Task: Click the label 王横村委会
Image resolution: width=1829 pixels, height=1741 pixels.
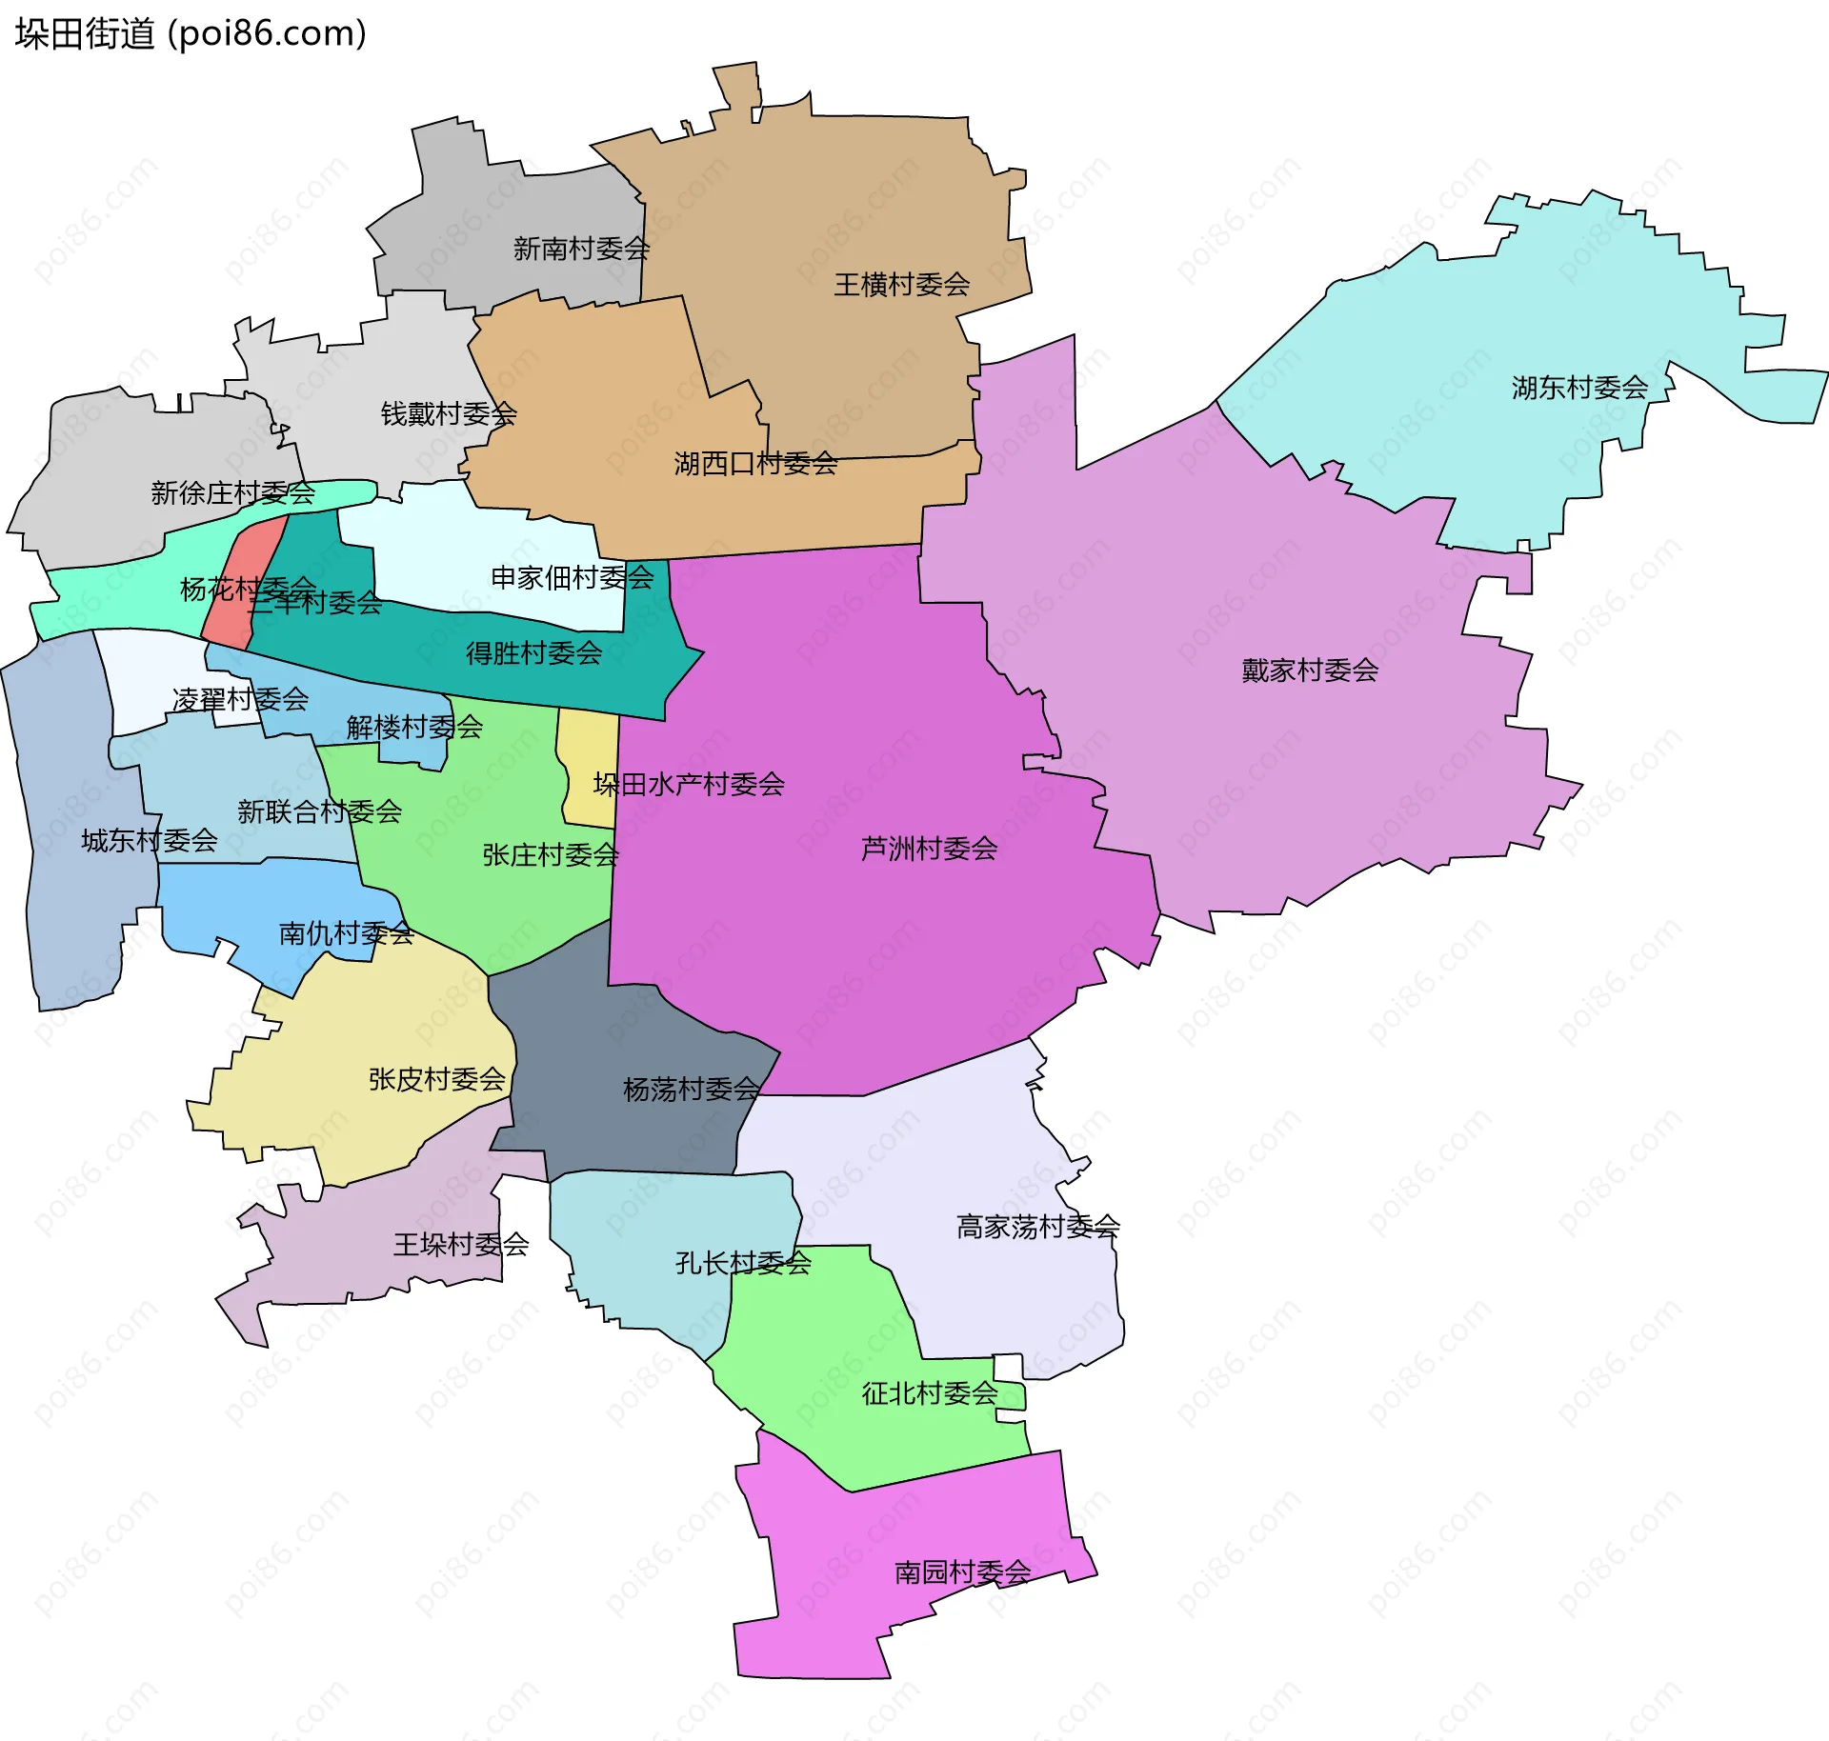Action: click(901, 285)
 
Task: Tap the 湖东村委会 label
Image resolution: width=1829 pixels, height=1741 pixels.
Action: click(1579, 388)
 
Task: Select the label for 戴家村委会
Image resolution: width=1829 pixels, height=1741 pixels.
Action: click(1310, 670)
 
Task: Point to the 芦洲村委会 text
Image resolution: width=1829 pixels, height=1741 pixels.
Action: click(929, 849)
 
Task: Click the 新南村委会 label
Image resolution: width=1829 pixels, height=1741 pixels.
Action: click(581, 250)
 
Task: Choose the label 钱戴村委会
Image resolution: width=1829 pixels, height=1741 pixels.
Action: click(449, 414)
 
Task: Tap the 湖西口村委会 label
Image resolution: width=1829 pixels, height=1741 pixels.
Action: click(755, 464)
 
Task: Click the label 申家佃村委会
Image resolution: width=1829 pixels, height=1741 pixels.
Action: click(573, 577)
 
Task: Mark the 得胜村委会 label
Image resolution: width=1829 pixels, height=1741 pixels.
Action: click(533, 653)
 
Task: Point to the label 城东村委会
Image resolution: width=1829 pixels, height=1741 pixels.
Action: click(150, 841)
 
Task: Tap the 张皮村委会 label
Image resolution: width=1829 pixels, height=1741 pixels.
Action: click(436, 1079)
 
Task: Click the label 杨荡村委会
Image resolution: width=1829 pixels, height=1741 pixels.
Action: click(691, 1090)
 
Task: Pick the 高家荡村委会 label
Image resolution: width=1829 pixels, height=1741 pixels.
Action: click(1037, 1227)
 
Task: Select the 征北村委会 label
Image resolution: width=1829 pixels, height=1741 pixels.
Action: click(929, 1394)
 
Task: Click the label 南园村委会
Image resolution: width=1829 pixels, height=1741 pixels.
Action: click(962, 1572)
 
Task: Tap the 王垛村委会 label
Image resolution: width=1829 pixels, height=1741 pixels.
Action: click(461, 1245)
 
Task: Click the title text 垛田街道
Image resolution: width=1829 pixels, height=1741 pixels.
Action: click(85, 34)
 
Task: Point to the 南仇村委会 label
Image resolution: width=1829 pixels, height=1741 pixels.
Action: click(346, 933)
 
